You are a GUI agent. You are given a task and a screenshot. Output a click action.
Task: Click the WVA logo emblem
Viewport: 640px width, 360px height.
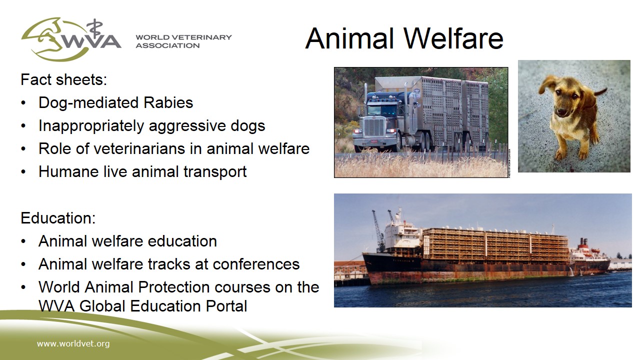pyautogui.click(x=71, y=39)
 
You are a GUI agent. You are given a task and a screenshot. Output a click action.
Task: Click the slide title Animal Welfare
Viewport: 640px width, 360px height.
pyautogui.click(x=404, y=38)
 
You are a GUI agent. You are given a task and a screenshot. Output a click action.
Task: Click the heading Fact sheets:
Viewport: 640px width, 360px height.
pyautogui.click(x=63, y=79)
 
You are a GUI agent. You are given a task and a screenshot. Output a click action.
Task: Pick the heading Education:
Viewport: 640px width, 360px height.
pyautogui.click(x=58, y=218)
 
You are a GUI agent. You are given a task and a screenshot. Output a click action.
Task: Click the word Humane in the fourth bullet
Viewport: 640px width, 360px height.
pyautogui.click(x=68, y=171)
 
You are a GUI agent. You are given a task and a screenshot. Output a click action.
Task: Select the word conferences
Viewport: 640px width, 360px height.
pyautogui.click(x=256, y=264)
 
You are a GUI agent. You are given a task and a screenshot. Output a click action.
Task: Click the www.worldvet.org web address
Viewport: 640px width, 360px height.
pyautogui.click(x=73, y=343)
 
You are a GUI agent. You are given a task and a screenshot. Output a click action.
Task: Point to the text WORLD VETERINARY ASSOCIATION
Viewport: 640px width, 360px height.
pyautogui.click(x=183, y=41)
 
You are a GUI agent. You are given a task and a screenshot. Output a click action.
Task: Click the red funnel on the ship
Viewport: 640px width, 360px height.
pyautogui.click(x=584, y=243)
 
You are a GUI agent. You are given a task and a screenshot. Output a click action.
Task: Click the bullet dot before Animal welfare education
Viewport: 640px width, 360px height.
pyautogui.click(x=23, y=241)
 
